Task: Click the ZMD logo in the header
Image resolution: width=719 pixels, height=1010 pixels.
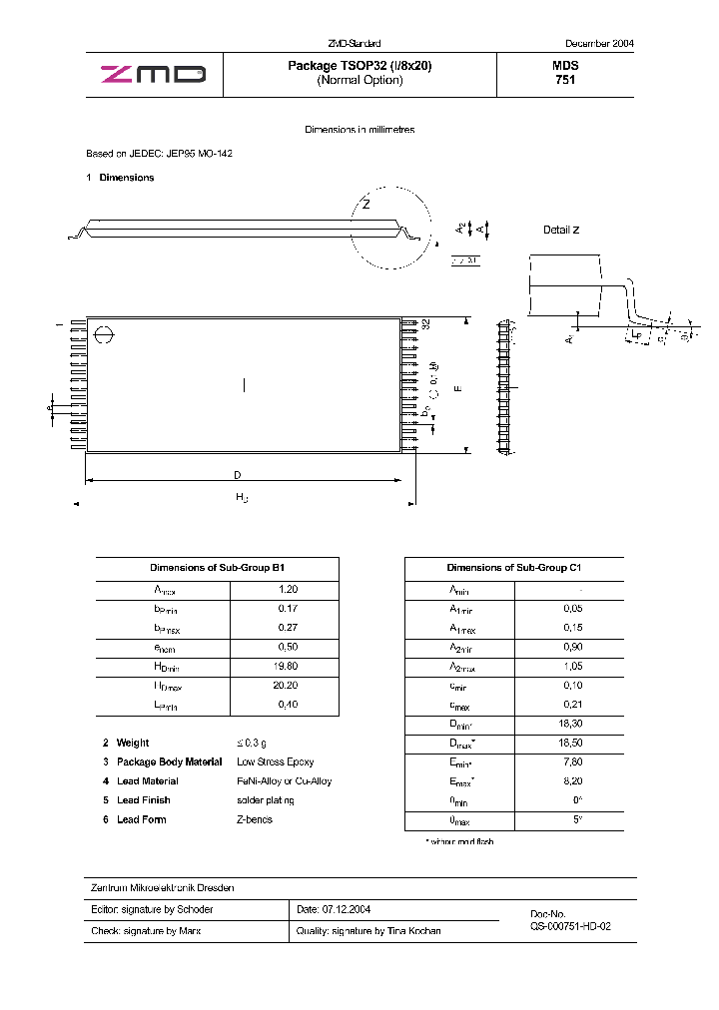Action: tap(153, 74)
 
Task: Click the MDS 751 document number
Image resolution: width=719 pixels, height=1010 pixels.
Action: tap(565, 73)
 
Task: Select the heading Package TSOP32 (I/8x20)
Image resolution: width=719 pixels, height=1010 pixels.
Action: tap(359, 66)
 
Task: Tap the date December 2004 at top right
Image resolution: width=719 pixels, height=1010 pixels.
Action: tap(599, 44)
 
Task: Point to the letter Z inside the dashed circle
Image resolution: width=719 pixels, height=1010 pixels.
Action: tap(366, 205)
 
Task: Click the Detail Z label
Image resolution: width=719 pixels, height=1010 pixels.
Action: tap(560, 230)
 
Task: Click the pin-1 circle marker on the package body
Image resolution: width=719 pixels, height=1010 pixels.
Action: tap(103, 336)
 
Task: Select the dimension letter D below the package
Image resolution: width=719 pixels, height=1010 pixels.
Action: tap(238, 474)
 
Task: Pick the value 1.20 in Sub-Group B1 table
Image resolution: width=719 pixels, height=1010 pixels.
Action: tap(289, 590)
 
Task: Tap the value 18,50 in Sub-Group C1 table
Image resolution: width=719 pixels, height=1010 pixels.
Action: tap(571, 744)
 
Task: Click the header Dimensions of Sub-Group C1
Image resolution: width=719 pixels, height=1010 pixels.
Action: tap(513, 567)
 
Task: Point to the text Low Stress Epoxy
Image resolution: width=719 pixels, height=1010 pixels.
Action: tap(275, 761)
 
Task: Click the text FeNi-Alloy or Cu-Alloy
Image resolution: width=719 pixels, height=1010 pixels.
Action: tap(285, 781)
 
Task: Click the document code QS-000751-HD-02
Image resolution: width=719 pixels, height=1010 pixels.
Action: tap(570, 926)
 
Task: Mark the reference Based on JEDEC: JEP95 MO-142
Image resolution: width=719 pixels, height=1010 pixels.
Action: tap(160, 154)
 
